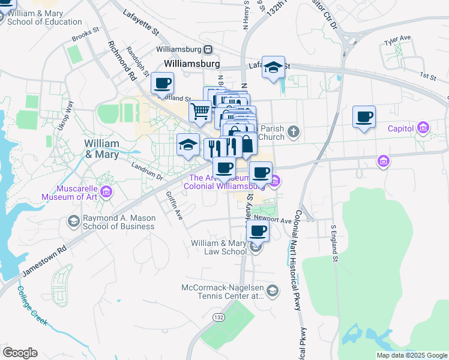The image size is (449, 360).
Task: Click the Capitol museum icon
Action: [x=424, y=128]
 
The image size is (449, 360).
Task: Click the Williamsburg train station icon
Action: [x=208, y=49]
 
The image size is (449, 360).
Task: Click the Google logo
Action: [x=20, y=353]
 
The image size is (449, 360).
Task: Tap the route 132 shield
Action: [x=220, y=317]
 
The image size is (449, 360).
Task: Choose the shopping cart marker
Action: [x=200, y=110]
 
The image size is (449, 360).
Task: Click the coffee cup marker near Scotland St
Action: [x=162, y=83]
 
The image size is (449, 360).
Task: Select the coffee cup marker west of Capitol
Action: [x=364, y=116]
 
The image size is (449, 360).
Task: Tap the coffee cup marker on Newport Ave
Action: [x=258, y=230]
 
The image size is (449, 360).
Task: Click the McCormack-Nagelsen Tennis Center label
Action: [x=223, y=292]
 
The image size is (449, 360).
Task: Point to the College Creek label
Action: [x=32, y=305]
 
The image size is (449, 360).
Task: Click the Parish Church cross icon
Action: [x=293, y=131]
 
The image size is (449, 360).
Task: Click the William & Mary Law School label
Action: [x=218, y=247]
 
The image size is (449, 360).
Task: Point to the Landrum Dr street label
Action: [x=147, y=174]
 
